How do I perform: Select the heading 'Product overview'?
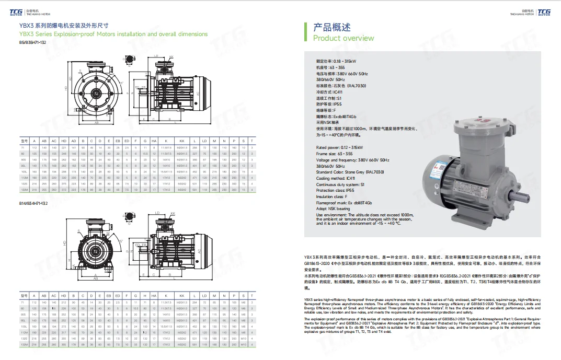[344, 38]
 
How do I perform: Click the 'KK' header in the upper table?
[181, 141]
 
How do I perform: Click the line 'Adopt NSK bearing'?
[333, 209]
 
